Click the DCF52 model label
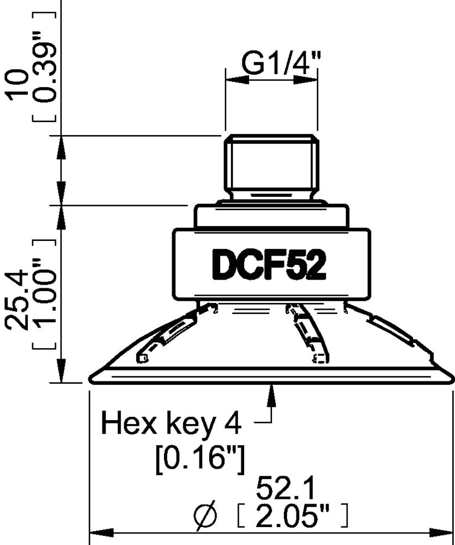(269, 265)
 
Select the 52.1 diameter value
(285, 489)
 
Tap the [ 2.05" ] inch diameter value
(294, 514)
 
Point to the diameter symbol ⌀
(205, 515)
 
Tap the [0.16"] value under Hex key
(199, 459)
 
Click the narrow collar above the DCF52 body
(271, 216)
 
